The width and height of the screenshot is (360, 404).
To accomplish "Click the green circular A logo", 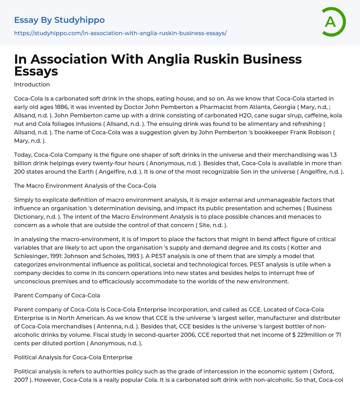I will [x=333, y=22].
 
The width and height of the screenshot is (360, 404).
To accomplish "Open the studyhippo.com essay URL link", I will [x=120, y=33].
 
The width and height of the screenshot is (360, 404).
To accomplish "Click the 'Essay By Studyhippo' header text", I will [x=59, y=20].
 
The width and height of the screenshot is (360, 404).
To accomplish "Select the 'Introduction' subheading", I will [x=32, y=84].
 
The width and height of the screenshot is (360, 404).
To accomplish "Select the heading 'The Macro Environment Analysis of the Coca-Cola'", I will [x=85, y=186].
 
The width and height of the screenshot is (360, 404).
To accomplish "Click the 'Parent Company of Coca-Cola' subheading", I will [x=57, y=295].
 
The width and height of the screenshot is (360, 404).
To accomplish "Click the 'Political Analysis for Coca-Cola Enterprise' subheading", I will [x=73, y=357].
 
